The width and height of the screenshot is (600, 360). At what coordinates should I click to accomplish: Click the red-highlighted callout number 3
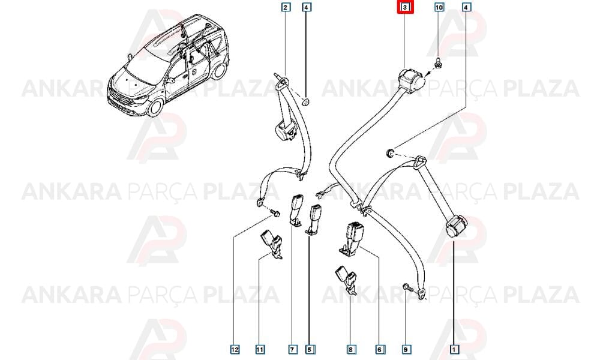[405, 7]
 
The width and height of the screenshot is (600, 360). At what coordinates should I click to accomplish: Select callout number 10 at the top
[439, 7]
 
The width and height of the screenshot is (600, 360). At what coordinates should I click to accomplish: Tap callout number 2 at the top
[286, 7]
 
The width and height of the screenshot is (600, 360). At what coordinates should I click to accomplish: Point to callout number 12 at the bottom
[235, 349]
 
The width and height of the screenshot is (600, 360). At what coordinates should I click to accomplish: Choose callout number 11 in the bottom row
[260, 349]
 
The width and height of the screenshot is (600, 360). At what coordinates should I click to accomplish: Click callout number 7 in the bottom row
[292, 349]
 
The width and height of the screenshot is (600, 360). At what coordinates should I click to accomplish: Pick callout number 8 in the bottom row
[350, 349]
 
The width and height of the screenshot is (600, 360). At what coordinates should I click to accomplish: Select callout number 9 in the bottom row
[406, 349]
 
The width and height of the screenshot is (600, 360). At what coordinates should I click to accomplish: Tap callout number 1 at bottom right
[454, 349]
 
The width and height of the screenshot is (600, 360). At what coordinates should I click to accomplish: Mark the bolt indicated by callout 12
[275, 211]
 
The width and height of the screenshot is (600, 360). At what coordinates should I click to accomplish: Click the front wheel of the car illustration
[155, 107]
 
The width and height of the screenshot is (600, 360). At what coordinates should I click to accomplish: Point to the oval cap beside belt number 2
[306, 102]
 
